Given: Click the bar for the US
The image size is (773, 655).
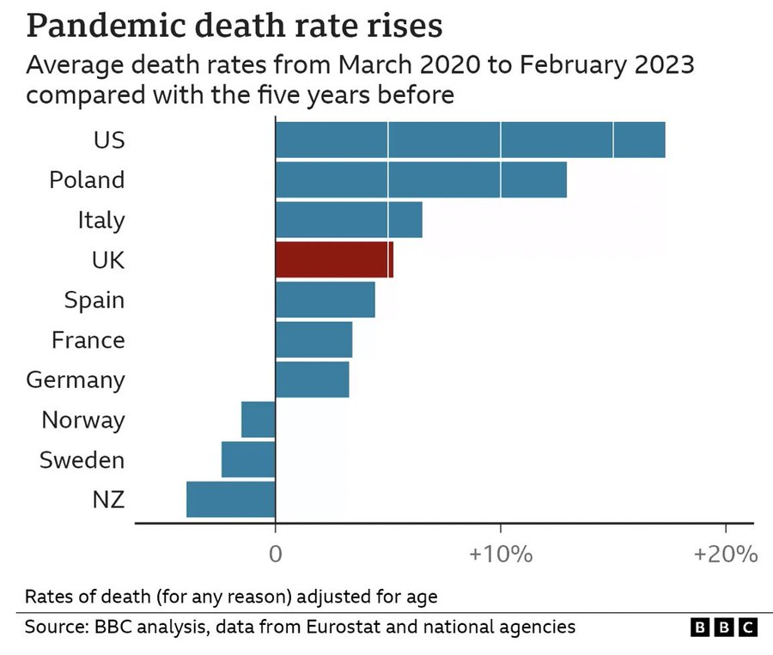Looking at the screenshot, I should (x=470, y=140).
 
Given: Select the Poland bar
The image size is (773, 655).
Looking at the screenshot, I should (x=421, y=179).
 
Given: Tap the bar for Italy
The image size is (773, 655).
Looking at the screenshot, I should (x=349, y=220).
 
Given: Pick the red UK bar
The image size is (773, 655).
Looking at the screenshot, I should (x=334, y=259).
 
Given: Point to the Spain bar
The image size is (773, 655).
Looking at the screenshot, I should (x=325, y=300).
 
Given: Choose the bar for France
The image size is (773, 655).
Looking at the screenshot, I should (x=313, y=339).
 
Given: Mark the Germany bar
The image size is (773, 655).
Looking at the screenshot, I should (x=312, y=379).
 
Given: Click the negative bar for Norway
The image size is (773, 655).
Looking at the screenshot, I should (x=259, y=420).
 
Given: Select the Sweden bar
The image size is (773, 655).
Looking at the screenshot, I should (x=248, y=459).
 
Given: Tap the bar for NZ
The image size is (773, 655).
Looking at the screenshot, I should (x=231, y=500).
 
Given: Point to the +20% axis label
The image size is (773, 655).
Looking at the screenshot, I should (x=725, y=554).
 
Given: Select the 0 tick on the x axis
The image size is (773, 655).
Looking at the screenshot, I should (x=275, y=554).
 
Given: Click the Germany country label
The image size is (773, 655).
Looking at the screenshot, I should (x=76, y=379).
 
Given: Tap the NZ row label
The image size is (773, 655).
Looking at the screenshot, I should (x=108, y=500).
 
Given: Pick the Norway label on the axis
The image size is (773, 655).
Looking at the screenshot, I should (x=83, y=420).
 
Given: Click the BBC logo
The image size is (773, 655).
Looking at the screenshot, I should (x=724, y=628).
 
